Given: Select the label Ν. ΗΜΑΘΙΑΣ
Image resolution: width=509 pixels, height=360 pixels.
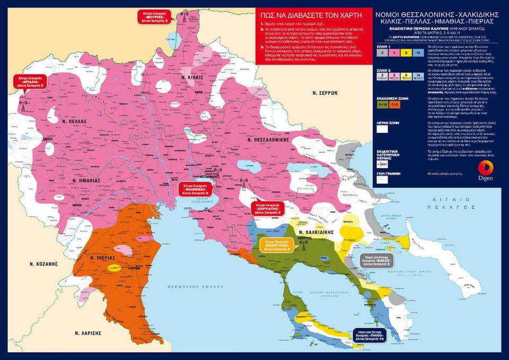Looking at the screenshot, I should (x=86, y=180).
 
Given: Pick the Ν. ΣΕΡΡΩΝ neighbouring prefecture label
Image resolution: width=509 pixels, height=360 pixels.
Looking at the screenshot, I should (x=325, y=92).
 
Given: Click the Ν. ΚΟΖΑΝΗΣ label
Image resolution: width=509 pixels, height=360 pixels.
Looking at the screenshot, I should (x=43, y=263).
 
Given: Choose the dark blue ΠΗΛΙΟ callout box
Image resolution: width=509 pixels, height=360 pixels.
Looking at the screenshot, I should (x=370, y=335).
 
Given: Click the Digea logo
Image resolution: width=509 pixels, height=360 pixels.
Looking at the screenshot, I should (x=487, y=170).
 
